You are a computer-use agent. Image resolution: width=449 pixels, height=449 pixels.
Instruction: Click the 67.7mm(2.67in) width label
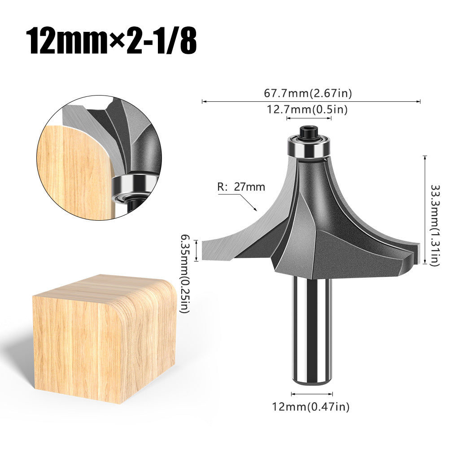308,93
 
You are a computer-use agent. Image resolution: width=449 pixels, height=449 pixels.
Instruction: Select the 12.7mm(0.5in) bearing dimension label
308,109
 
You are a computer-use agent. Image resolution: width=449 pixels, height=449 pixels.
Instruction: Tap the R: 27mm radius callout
241,187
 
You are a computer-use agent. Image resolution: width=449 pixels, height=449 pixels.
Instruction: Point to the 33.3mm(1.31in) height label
434,225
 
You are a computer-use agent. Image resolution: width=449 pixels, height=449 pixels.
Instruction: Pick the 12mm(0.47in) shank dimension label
310,406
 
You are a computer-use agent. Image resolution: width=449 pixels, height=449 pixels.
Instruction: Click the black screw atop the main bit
310,132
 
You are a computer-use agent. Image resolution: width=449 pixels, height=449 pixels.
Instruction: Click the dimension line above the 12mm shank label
312,394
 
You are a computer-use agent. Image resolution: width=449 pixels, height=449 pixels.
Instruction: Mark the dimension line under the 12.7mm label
309,118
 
